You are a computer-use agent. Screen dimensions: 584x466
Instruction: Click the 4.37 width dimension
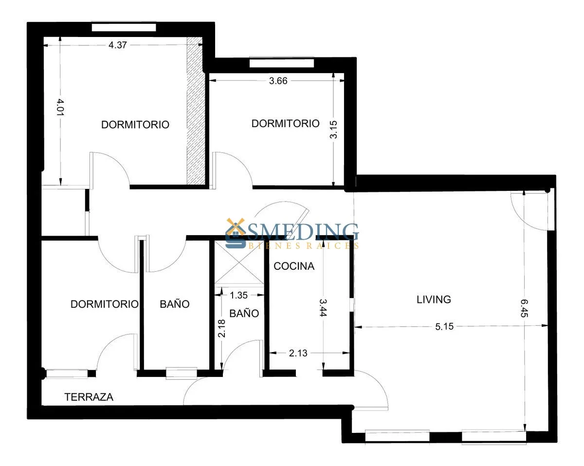pyautogui.click(x=117, y=45)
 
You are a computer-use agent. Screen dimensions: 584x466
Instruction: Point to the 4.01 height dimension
pyautogui.click(x=60, y=107)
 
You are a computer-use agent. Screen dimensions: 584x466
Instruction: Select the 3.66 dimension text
pyautogui.click(x=278, y=81)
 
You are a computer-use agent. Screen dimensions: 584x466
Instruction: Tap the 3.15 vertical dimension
pyautogui.click(x=333, y=130)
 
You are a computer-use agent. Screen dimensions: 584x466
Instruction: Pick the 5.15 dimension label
pyautogui.click(x=444, y=326)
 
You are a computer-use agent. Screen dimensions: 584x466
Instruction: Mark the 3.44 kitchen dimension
pyautogui.click(x=323, y=308)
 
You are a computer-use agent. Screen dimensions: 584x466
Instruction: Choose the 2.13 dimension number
pyautogui.click(x=298, y=353)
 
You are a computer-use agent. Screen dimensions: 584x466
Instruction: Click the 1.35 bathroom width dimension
pyautogui.click(x=238, y=295)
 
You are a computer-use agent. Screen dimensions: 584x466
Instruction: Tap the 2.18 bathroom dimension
pyautogui.click(x=222, y=328)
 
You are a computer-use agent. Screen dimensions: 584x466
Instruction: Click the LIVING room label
pyautogui.click(x=434, y=299)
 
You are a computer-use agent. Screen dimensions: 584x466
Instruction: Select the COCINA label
pyautogui.click(x=294, y=266)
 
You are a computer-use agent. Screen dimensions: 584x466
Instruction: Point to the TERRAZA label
pyautogui.click(x=89, y=397)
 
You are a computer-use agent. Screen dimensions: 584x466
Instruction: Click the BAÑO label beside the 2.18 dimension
pyautogui.click(x=244, y=313)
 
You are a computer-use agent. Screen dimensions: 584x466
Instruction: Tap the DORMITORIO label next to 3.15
pyautogui.click(x=285, y=123)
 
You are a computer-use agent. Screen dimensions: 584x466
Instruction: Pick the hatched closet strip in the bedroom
pyautogui.click(x=195, y=111)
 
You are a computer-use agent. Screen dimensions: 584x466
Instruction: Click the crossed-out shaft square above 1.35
pyautogui.click(x=239, y=262)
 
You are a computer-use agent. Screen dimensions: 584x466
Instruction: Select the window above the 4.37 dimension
pyautogui.click(x=124, y=27)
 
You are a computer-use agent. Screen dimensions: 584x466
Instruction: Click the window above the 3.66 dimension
pyautogui.click(x=282, y=63)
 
